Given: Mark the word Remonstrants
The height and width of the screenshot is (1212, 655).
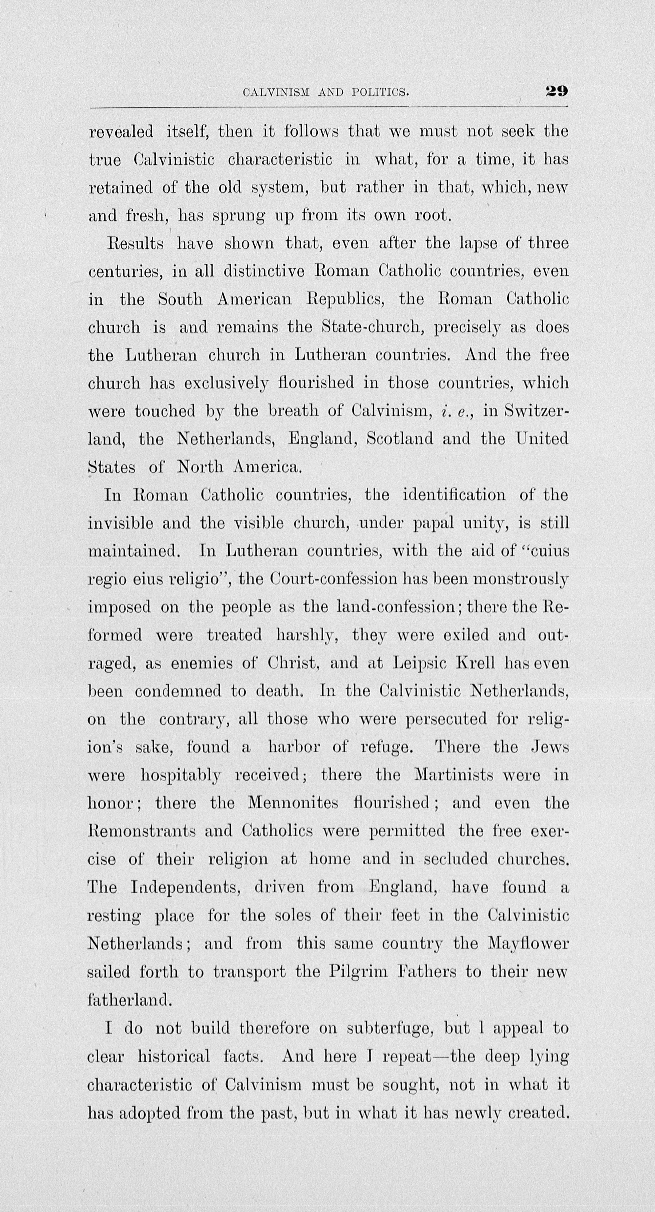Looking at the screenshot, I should [x=142, y=832].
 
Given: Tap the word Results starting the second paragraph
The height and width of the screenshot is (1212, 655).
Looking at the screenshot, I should [x=135, y=244].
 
